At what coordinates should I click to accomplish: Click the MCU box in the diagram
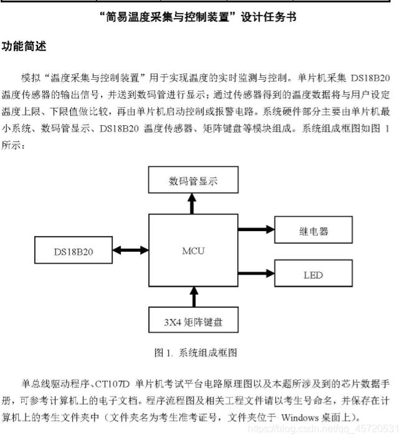coord(193,252)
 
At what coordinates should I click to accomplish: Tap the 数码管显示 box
coord(193,181)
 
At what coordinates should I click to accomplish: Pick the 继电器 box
coord(313,231)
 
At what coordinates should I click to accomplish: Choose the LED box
coord(313,274)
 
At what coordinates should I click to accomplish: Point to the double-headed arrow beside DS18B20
coord(129,251)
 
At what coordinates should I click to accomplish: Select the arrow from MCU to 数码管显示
coord(193,203)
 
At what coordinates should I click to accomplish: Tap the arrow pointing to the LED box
coord(256,272)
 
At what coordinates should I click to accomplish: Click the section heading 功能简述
coord(24,47)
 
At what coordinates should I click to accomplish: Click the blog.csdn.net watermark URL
coord(323,429)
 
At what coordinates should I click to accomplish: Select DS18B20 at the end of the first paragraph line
coord(370,79)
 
